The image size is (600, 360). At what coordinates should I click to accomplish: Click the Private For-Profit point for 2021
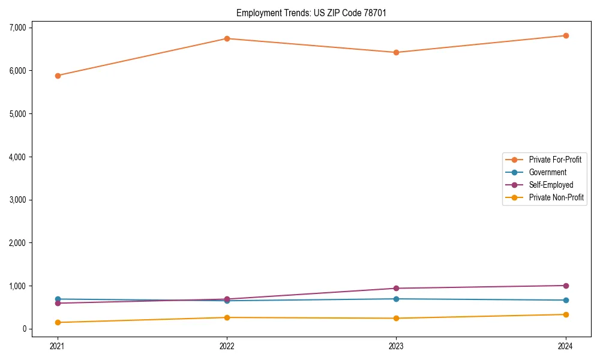[58, 76]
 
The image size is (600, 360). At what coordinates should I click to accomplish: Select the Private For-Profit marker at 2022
[227, 38]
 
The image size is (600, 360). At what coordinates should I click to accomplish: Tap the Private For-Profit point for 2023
[397, 52]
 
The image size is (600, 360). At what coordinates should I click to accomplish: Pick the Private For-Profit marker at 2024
[566, 35]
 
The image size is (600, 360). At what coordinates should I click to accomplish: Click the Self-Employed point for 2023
[397, 288]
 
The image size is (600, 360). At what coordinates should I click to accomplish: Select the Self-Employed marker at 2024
[566, 286]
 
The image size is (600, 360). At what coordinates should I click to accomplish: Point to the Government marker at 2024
[566, 300]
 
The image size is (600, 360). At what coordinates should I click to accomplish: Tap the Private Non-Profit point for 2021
[58, 322]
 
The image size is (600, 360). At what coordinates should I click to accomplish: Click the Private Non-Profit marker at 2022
[227, 317]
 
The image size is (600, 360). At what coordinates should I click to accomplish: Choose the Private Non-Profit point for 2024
[566, 314]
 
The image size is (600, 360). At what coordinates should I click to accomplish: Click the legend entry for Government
[547, 172]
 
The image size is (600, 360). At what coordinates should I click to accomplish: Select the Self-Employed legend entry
[551, 185]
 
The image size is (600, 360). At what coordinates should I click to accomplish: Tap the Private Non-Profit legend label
[556, 197]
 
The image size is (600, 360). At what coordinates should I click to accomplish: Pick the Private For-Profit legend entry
[555, 160]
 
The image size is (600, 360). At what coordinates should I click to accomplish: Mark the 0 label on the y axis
[24, 329]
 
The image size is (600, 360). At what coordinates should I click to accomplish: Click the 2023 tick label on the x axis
[397, 346]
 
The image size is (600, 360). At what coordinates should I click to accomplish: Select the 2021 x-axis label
[58, 346]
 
